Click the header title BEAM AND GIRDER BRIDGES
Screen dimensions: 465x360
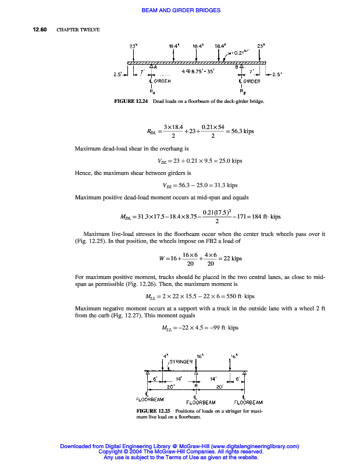pyautogui.click(x=180, y=10)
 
